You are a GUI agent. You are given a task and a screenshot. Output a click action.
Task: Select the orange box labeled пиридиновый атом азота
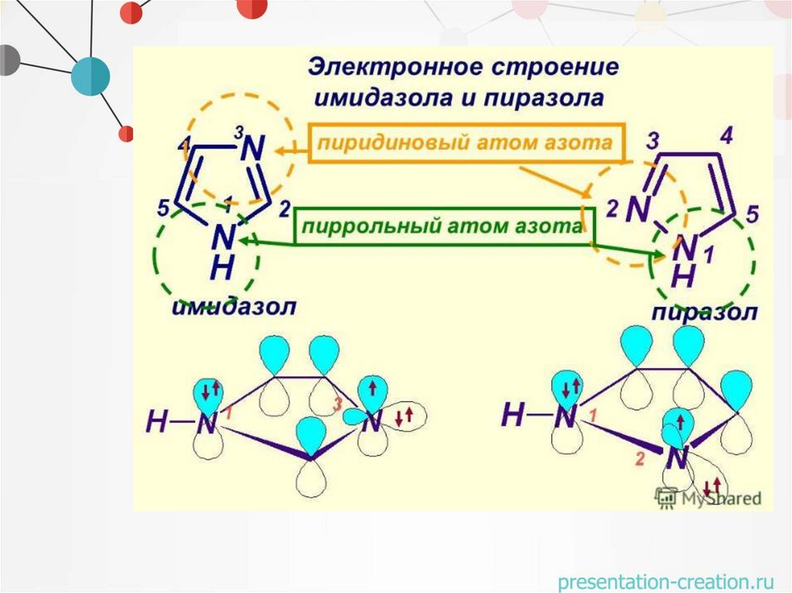click(x=466, y=142)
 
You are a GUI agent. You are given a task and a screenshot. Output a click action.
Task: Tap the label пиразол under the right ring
click(x=704, y=312)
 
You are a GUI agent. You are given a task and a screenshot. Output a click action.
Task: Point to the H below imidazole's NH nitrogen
click(x=222, y=268)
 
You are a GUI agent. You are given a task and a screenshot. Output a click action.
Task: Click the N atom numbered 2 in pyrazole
click(x=637, y=209)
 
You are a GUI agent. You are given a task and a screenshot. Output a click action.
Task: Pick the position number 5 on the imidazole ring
click(x=163, y=208)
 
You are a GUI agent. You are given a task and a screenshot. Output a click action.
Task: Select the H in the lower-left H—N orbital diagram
click(x=158, y=422)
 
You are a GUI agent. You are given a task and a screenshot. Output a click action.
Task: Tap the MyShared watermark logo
click(x=708, y=498)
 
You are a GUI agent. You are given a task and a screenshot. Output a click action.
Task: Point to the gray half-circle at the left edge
click(x=8, y=60)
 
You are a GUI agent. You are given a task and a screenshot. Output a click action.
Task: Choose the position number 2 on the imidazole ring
click(x=283, y=209)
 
